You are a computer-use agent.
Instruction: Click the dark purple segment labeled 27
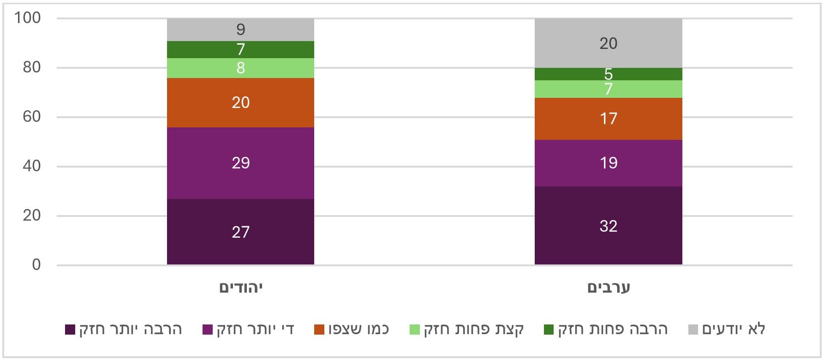(240, 231)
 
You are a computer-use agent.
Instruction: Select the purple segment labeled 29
(240, 163)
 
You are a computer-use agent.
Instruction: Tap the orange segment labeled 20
(240, 102)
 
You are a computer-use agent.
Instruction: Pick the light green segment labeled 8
(240, 68)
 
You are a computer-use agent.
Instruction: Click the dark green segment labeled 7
(240, 49)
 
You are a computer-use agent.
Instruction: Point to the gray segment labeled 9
(240, 30)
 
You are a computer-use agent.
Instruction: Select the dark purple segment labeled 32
(608, 226)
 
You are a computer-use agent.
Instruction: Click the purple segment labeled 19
(608, 163)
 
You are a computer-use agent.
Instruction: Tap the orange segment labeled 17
(608, 119)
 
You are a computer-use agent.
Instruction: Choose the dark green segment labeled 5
(608, 74)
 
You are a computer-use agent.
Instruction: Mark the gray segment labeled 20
(608, 43)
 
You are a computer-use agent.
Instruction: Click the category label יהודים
(240, 288)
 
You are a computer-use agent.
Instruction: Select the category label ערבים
(608, 288)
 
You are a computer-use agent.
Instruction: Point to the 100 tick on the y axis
(28, 18)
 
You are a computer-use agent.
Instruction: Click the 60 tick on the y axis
(31, 117)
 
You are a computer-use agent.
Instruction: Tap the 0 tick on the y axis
(36, 264)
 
